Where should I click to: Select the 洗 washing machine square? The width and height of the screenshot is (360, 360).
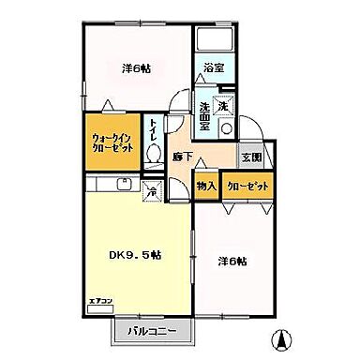pos(224,106)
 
